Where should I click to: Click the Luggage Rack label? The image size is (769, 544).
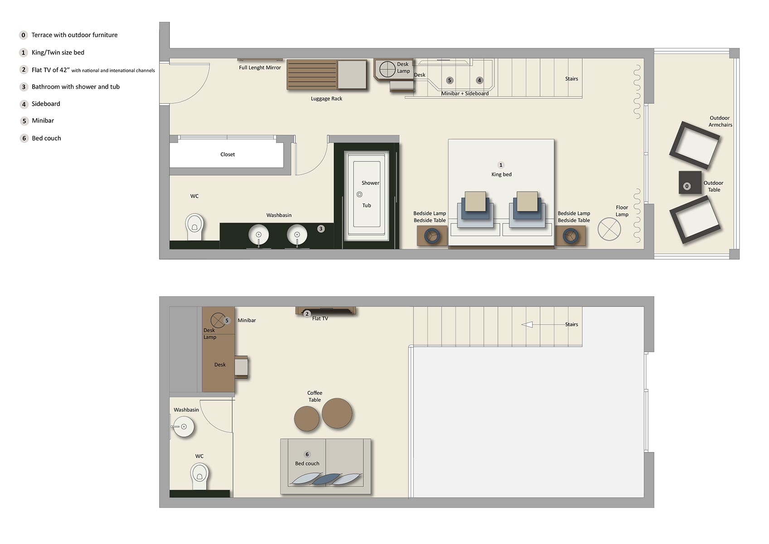(326, 98)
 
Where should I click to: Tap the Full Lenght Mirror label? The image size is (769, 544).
(260, 68)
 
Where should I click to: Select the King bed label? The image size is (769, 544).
(501, 174)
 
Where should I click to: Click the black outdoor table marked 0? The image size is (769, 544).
(690, 182)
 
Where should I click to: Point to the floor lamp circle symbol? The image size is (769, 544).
(609, 229)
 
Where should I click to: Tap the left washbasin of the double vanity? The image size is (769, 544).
(258, 235)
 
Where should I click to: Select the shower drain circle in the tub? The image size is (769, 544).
(359, 194)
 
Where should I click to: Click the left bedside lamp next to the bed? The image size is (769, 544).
(431, 236)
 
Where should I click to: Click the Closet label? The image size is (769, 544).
(227, 155)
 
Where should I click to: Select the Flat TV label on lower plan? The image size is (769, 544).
(320, 319)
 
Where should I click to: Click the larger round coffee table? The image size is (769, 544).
(337, 413)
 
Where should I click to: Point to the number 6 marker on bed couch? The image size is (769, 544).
(307, 454)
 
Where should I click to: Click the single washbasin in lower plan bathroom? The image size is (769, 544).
(184, 427)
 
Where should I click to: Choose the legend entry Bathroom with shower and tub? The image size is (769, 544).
(75, 87)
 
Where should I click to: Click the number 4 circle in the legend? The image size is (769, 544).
(24, 104)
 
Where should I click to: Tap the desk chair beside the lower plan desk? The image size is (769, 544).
(242, 367)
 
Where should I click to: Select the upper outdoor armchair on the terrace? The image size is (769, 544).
(694, 145)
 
